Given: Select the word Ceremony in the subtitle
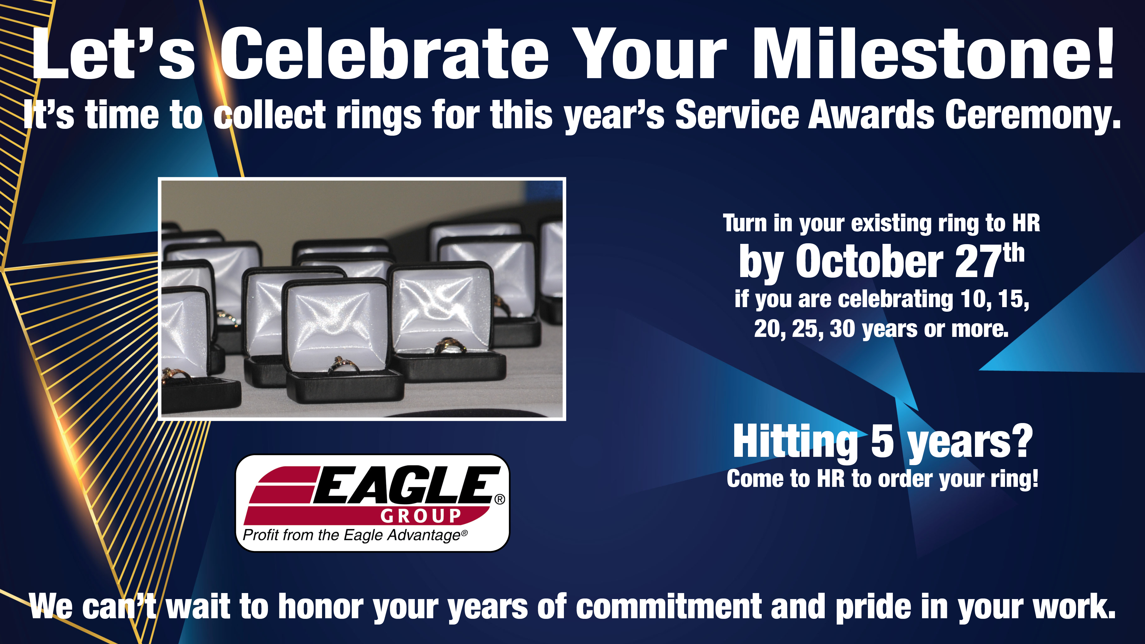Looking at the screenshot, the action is click(x=1033, y=116).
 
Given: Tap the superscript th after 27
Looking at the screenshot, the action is click(x=1014, y=253).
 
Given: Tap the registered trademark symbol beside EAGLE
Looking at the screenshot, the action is click(x=500, y=499).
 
